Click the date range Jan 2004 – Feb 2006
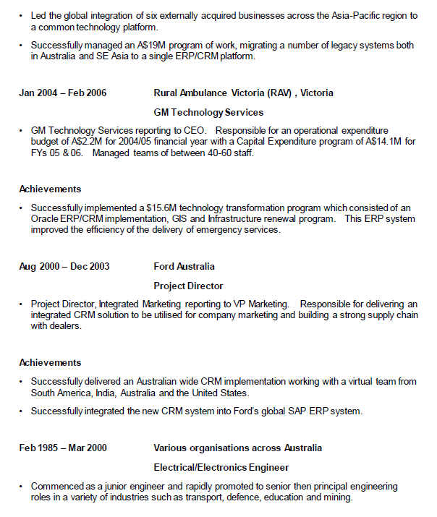coord(62,93)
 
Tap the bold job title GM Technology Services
coord(208,112)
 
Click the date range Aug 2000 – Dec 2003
coord(64,267)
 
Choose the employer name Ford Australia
coord(184,267)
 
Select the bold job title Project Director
coord(188,286)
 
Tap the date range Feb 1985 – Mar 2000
coord(63,448)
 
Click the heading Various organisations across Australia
coord(237,448)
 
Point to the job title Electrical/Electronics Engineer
coord(221,467)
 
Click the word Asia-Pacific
coord(355,15)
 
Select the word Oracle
coord(43,219)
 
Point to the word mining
coord(339,497)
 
